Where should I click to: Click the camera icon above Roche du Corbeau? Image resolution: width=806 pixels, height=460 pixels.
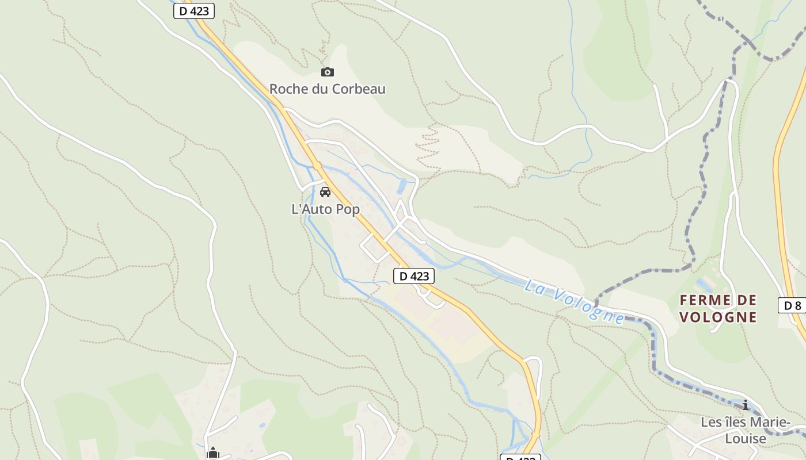(328, 72)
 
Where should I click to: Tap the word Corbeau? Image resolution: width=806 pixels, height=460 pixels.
(361, 89)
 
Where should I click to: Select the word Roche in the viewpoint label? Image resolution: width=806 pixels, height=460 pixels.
(286, 89)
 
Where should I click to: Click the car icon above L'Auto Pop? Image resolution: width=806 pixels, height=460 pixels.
(325, 192)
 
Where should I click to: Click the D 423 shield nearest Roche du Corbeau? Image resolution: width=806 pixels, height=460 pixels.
(194, 11)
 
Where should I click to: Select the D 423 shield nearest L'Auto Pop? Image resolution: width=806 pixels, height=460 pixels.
(414, 276)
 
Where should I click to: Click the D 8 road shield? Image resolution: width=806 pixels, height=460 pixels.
(793, 305)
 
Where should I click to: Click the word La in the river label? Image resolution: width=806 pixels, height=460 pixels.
(533, 286)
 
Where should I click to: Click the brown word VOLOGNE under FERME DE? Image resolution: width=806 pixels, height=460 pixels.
(718, 317)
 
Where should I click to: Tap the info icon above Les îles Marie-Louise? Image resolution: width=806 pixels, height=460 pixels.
(746, 405)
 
